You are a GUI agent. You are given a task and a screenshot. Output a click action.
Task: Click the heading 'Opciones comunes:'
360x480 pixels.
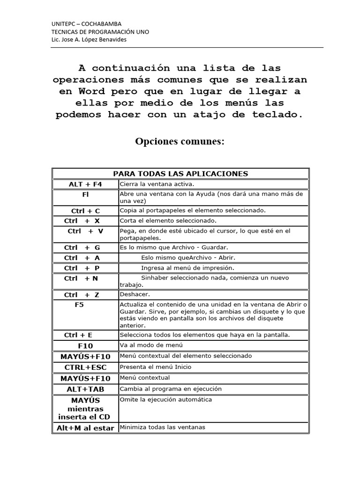(180, 141)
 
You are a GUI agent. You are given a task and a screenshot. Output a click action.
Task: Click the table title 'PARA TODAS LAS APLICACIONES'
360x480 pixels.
(180, 174)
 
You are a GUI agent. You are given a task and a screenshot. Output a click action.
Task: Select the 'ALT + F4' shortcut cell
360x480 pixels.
(85, 184)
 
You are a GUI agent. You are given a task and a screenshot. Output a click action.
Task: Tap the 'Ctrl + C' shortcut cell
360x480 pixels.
(85, 211)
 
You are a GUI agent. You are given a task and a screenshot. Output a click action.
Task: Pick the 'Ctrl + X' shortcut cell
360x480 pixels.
(82, 221)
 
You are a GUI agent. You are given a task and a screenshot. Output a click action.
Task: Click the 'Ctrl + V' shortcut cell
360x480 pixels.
(85, 231)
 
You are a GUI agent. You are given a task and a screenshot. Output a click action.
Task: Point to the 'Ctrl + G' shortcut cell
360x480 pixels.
(82, 247)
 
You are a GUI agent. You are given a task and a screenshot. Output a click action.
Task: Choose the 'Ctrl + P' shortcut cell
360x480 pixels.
(82, 268)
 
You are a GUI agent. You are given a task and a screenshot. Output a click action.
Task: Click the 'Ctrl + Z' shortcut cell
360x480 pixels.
(82, 295)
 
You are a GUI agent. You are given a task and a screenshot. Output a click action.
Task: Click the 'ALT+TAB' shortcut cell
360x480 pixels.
(85, 389)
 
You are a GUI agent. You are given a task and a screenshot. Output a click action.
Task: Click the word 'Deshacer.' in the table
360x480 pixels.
(135, 294)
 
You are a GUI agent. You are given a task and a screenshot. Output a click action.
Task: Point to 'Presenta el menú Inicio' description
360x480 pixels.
(156, 367)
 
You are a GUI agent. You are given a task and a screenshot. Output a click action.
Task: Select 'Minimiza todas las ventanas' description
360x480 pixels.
(162, 427)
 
